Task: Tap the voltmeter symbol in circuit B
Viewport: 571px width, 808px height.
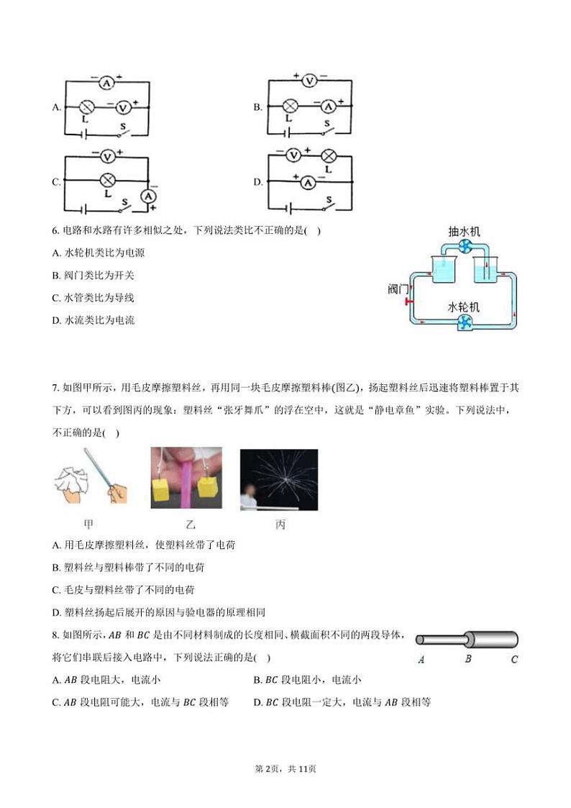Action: coord(309,81)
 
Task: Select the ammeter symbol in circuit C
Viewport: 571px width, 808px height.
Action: coord(148,196)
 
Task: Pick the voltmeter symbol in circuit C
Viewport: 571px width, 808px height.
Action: coord(107,155)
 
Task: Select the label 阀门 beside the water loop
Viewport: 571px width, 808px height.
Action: coord(398,289)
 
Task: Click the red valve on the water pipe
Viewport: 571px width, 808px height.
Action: coord(408,301)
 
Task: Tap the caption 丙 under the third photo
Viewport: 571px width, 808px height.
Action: coord(280,525)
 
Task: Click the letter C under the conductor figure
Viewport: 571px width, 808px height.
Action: coord(514,659)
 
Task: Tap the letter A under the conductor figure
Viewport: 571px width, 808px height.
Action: coord(420,659)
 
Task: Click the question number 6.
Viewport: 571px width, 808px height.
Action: coord(55,231)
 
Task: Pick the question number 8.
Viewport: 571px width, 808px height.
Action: coord(55,635)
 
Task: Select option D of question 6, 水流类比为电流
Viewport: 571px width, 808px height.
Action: coord(93,320)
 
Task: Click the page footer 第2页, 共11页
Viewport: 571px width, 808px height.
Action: coord(285,768)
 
